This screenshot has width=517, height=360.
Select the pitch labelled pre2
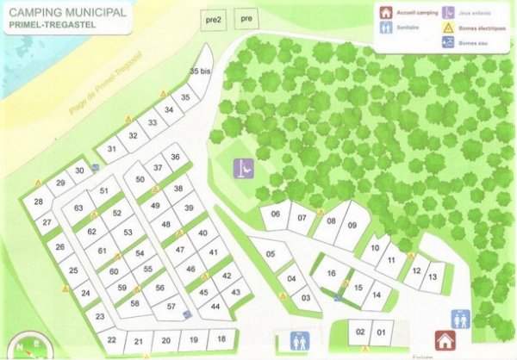pyautogui.click(x=215, y=18)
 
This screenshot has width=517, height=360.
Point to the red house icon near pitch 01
pyautogui.click(x=445, y=341)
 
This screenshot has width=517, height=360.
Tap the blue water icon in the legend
pyautogui.click(x=450, y=41)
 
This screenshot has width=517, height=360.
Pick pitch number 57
pyautogui.click(x=171, y=307)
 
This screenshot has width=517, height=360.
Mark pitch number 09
pyautogui.click(x=352, y=225)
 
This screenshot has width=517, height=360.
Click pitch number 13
pyautogui.click(x=433, y=276)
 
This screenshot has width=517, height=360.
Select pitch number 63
pyautogui.click(x=78, y=208)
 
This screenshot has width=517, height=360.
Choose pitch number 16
pyautogui.click(x=330, y=273)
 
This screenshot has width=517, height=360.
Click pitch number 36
pyautogui.click(x=175, y=158)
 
